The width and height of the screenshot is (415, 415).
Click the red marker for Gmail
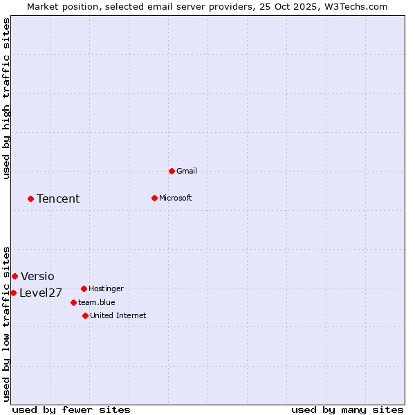172,171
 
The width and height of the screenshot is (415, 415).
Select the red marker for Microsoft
154,198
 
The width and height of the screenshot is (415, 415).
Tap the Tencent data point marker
30,199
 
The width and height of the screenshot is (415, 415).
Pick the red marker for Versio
15,276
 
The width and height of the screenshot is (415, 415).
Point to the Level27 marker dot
13,293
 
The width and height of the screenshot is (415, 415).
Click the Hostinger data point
84,288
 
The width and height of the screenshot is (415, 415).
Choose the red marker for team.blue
73,302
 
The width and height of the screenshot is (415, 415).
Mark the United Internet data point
85,315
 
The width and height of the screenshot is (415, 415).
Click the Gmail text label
187,171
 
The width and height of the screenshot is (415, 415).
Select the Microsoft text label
176,198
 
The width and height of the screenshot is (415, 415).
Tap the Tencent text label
58,199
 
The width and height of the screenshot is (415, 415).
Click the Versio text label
37,277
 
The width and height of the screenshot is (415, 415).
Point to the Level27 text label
41,293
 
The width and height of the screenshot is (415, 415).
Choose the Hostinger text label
107,288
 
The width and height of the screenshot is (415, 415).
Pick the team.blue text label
97,302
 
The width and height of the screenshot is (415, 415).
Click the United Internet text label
118,315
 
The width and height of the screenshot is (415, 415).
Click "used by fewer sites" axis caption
71,409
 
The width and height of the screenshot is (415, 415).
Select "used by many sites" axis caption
347,409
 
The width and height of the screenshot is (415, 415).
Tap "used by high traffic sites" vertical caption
7,98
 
